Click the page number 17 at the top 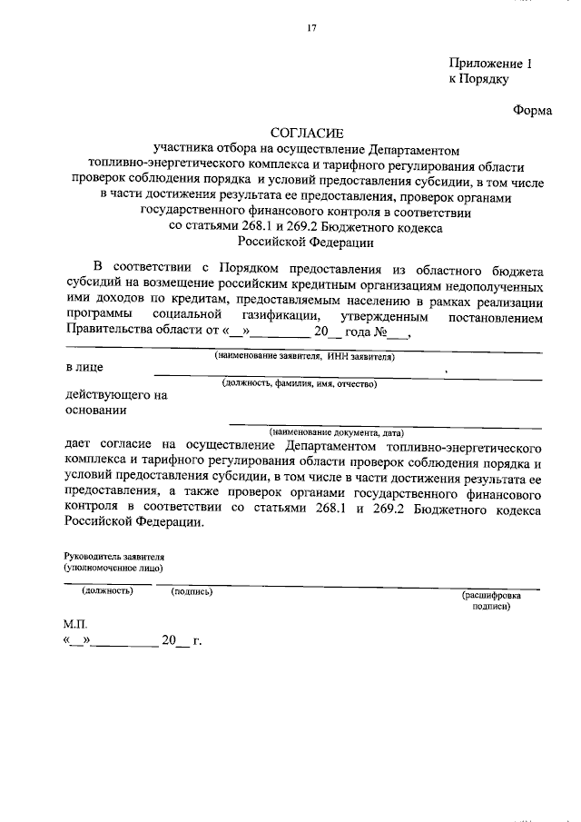[x=310, y=29]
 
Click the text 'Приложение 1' [x=487, y=63]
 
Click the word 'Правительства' [x=111, y=332]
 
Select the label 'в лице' [x=84, y=368]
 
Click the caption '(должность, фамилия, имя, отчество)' [x=300, y=384]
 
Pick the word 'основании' [x=95, y=410]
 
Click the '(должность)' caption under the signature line [x=108, y=591]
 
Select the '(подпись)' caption [x=192, y=591]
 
